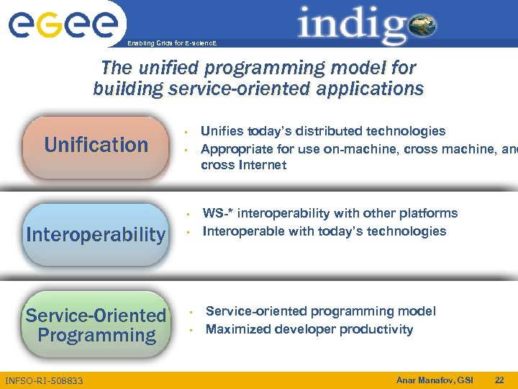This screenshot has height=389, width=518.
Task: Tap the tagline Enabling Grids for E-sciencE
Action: (171, 43)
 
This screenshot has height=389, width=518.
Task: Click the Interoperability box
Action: (95, 235)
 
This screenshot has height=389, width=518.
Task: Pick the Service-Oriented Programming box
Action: (96, 326)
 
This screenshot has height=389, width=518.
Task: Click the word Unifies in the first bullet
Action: (222, 131)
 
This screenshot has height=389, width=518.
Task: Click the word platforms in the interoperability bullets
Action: (429, 213)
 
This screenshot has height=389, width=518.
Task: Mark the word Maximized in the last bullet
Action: (236, 329)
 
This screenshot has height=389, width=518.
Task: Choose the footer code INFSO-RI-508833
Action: (44, 380)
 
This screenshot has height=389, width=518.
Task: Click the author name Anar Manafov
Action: (424, 380)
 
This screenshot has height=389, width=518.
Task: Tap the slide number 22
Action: (499, 380)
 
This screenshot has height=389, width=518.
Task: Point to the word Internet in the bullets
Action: (260, 165)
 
